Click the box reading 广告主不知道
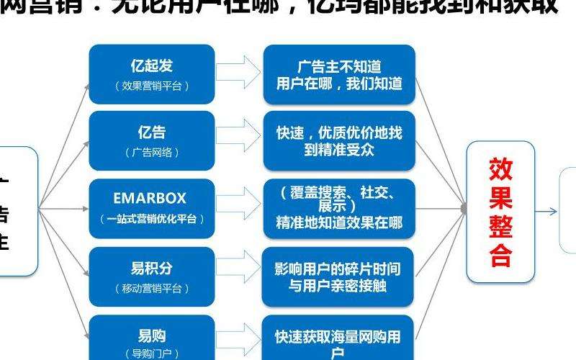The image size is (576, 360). click(338, 74)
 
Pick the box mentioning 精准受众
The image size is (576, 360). click(338, 141)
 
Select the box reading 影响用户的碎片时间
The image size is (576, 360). click(338, 277)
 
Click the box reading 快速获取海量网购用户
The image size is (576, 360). click(338, 341)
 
